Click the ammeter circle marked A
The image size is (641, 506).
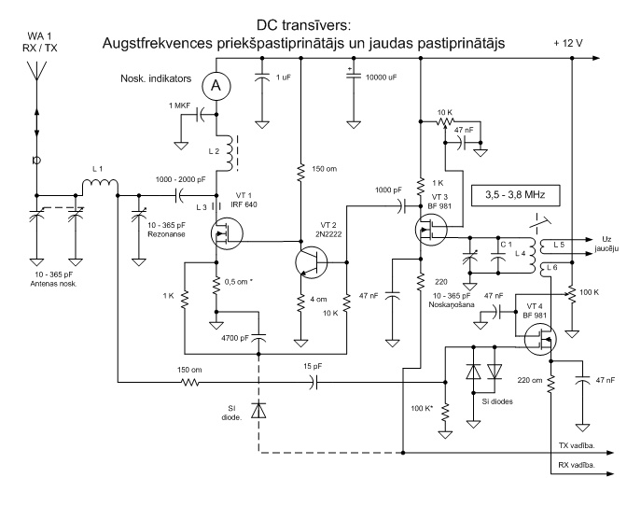216,86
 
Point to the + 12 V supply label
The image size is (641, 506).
570,43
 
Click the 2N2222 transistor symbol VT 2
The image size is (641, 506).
309,260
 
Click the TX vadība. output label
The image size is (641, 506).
578,446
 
